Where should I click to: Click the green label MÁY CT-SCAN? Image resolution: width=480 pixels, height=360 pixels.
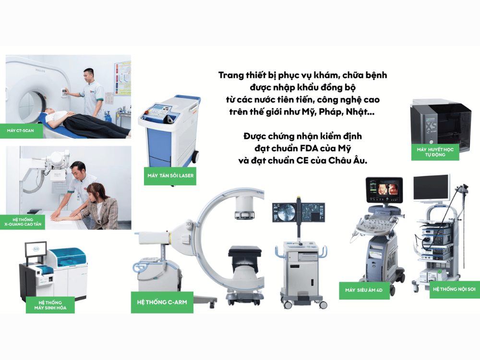pyautogui.click(x=21, y=131)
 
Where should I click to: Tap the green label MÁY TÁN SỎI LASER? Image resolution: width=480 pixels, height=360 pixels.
pyautogui.click(x=170, y=176)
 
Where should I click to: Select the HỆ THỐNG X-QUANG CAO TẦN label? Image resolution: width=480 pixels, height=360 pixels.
pyautogui.click(x=23, y=222)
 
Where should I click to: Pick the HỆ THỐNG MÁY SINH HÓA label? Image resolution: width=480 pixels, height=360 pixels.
pyautogui.click(x=50, y=305)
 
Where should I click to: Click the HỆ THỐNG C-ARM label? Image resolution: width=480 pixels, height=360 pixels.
pyautogui.click(x=162, y=302)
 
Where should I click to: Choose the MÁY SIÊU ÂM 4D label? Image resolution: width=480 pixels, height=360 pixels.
pyautogui.click(x=364, y=290)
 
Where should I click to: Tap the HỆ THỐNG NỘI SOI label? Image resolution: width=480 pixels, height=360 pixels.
pyautogui.click(x=454, y=289)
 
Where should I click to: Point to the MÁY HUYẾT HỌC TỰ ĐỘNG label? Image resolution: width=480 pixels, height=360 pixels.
pyautogui.click(x=435, y=152)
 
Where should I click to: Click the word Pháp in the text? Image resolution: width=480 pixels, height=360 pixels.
pyautogui.click(x=331, y=112)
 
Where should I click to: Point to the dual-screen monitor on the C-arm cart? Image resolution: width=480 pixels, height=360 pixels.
pyautogui.click(x=299, y=212)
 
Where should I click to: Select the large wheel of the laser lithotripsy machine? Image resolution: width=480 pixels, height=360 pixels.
pyautogui.click(x=195, y=156)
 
